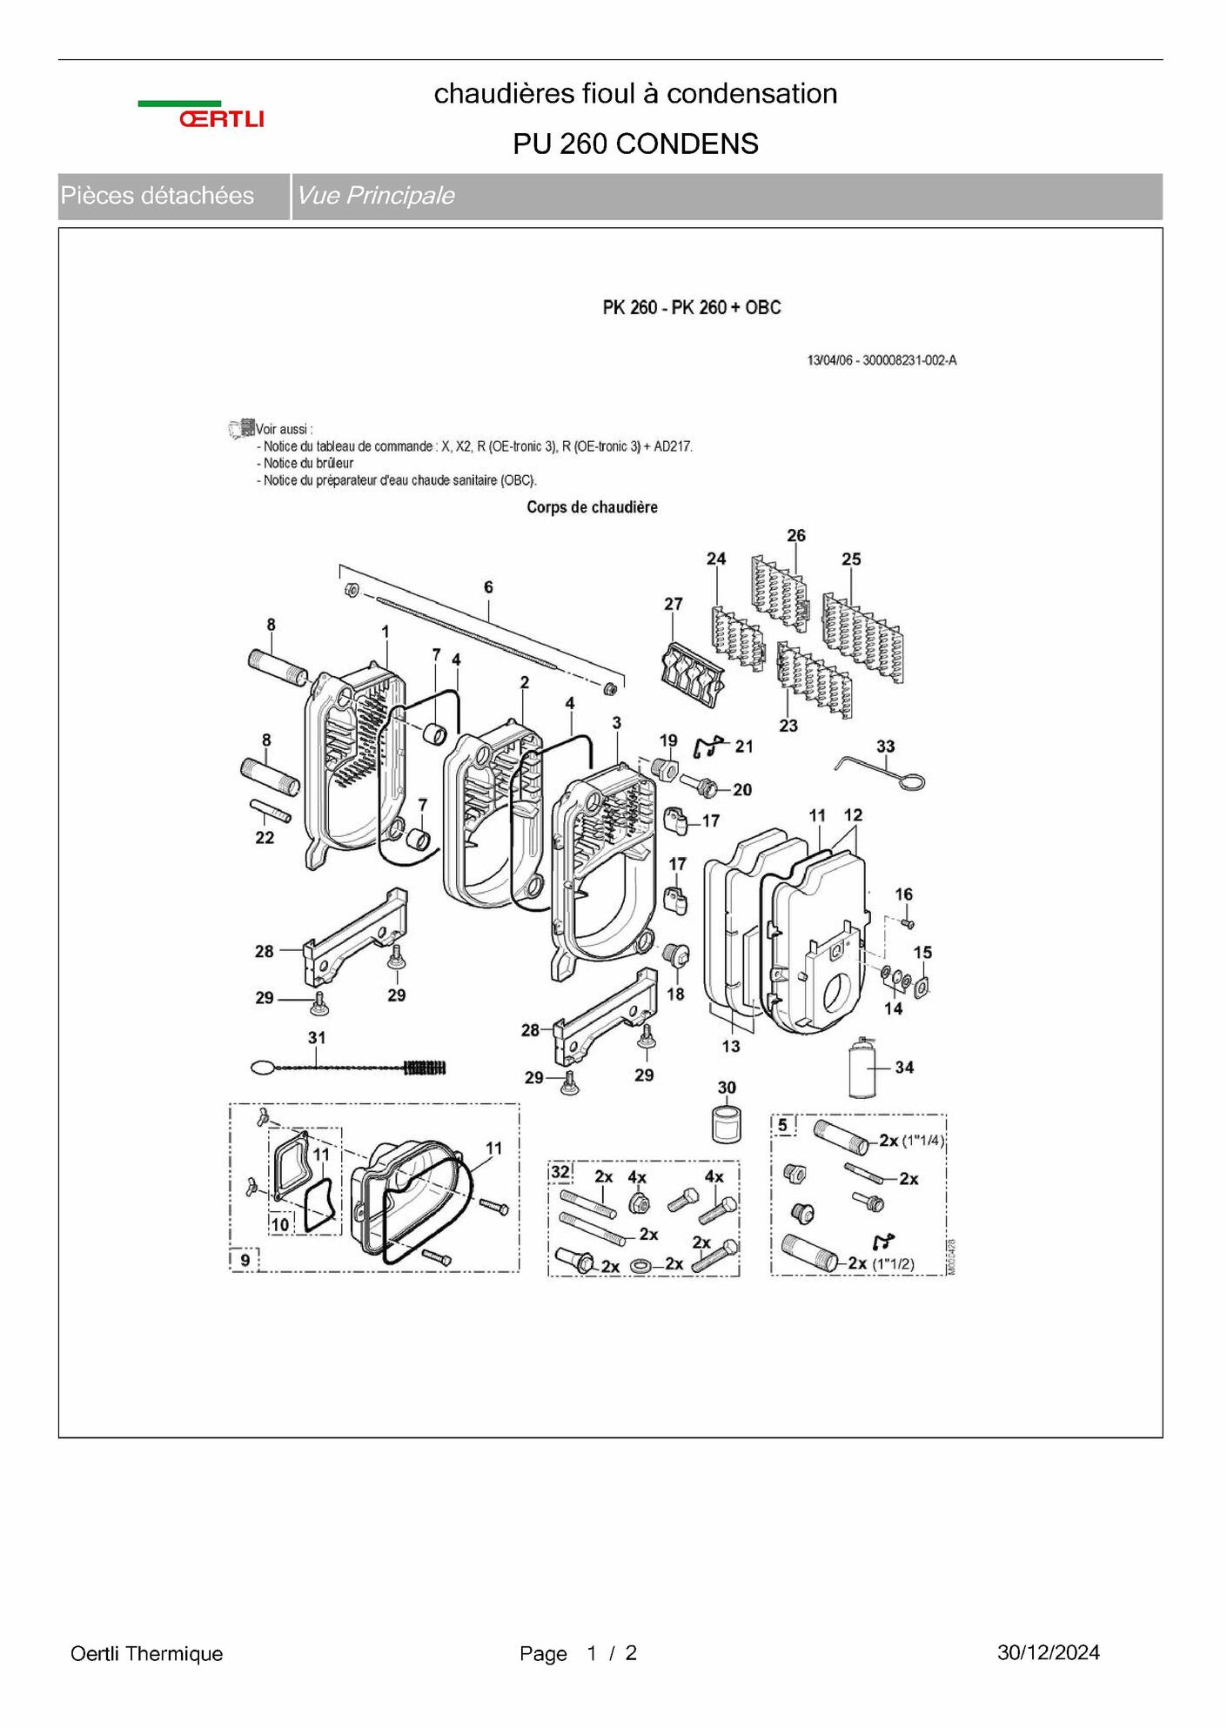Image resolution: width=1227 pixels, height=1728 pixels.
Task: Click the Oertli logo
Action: tap(201, 115)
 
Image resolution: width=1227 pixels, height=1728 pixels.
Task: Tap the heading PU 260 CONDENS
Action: tap(635, 144)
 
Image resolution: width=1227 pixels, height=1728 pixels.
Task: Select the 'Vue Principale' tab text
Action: tap(375, 196)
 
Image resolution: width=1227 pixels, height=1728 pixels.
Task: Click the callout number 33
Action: tap(885, 746)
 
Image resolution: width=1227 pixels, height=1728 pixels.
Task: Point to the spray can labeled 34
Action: tap(862, 1067)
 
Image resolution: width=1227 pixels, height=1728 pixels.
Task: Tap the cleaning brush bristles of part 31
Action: tap(426, 1068)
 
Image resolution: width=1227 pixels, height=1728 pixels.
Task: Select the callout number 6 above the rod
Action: tap(488, 587)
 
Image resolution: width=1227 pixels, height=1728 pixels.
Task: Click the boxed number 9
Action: tap(245, 1260)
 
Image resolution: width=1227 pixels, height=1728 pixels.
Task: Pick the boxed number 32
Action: tap(560, 1172)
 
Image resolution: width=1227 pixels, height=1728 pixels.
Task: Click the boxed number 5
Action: tap(782, 1125)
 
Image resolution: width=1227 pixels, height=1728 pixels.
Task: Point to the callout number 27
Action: tap(674, 603)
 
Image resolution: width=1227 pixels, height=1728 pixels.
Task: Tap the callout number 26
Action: tap(796, 535)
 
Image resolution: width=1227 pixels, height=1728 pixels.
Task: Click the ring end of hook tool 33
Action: tap(910, 782)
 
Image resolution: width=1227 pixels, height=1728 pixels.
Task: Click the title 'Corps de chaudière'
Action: tap(592, 507)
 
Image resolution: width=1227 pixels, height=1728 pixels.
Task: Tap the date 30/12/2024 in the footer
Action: tap(1049, 1652)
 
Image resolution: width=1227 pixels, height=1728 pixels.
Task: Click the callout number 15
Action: tap(922, 953)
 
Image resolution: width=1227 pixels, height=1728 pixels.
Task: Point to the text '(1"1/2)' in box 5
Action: tap(893, 1264)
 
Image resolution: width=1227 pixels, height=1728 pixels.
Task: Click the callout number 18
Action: tap(675, 994)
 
